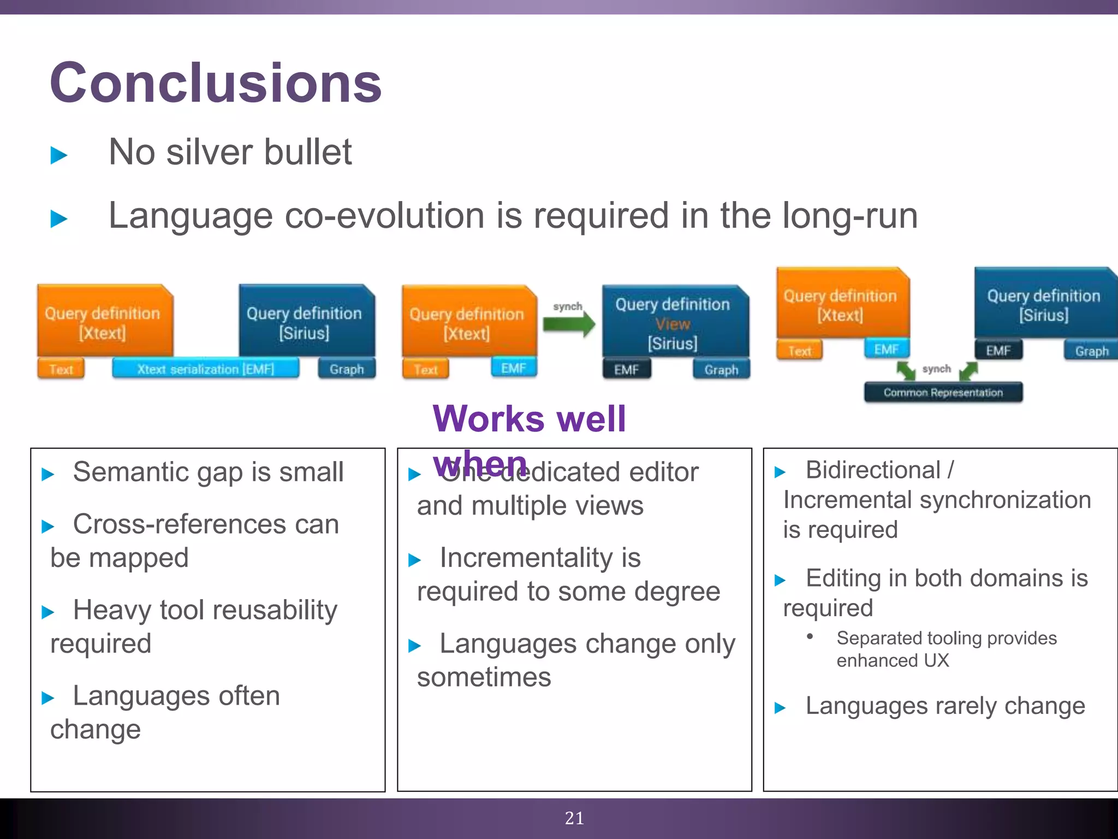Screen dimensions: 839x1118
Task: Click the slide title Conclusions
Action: coord(216,83)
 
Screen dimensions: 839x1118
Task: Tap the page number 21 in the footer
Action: coord(574,818)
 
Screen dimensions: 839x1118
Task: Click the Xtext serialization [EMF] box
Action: coord(205,369)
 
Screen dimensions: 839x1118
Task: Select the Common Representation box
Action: coord(943,392)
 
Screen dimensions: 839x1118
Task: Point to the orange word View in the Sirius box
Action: coord(673,324)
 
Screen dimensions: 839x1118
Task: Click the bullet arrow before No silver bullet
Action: coord(58,155)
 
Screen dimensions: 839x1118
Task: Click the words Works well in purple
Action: coord(529,419)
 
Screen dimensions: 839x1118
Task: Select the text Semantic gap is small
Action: coord(208,471)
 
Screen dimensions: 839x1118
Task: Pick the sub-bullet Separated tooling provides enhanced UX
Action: coord(946,649)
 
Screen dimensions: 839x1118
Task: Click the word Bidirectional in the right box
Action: coord(873,470)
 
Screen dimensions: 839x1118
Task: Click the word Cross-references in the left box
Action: coord(180,524)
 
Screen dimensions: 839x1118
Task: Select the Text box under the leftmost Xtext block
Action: coord(61,369)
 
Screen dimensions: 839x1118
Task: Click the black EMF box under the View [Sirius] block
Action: coord(626,370)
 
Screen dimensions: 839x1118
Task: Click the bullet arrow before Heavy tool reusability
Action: coord(48,612)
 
